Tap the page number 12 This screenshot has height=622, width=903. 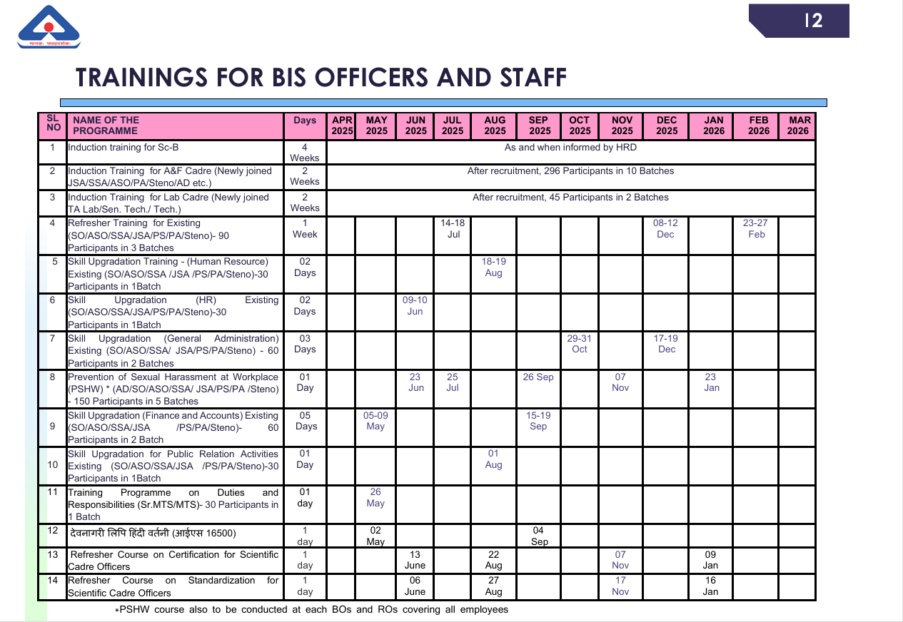tap(813, 21)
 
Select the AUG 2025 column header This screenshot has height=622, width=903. tap(495, 126)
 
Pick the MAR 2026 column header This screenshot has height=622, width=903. tap(797, 126)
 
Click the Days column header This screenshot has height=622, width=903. tap(305, 121)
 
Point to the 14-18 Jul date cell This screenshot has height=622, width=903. tap(453, 228)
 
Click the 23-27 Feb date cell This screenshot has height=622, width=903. tap(756, 228)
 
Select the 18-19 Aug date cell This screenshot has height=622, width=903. tap(493, 267)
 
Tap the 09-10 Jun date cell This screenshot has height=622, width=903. tap(415, 305)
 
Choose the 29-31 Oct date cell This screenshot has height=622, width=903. tap(580, 344)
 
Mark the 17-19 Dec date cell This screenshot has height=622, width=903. tap(666, 344)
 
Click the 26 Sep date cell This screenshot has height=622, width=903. tap(538, 377)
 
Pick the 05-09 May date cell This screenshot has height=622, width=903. tap(375, 421)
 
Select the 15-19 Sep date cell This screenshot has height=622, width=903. tap(538, 421)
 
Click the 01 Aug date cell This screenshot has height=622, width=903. tap(493, 459)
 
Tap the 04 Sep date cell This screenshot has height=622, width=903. tap(540, 536)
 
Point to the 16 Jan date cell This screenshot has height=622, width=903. tap(710, 586)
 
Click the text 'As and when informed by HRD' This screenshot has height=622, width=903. tap(570, 148)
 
